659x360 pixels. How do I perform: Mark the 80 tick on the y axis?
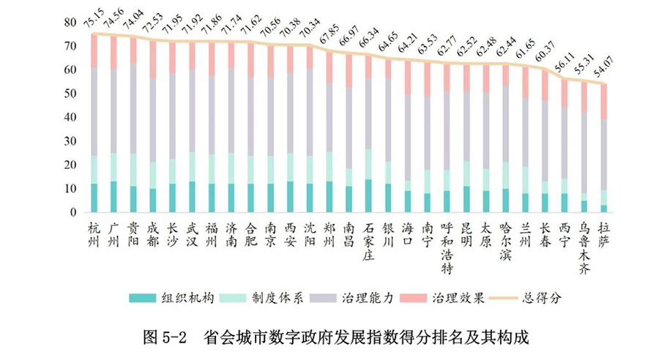[x=71, y=23]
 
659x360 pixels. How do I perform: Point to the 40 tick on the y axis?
[x=71, y=118]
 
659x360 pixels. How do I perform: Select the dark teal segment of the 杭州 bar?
[x=93, y=198]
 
